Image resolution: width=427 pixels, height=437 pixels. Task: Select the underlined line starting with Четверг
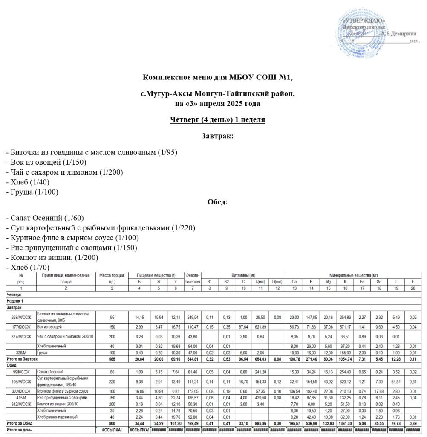(217, 120)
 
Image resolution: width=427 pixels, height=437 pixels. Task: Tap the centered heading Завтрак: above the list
(217, 137)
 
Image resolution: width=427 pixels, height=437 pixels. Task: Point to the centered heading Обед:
(217, 202)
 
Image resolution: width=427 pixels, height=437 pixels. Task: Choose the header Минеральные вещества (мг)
(353, 275)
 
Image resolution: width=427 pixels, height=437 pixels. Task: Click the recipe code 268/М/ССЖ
(21, 317)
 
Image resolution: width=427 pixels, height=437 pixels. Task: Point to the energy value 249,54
(193, 317)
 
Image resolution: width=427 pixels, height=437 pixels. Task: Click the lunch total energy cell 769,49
(193, 423)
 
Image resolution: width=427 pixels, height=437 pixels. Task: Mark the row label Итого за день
(20, 429)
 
